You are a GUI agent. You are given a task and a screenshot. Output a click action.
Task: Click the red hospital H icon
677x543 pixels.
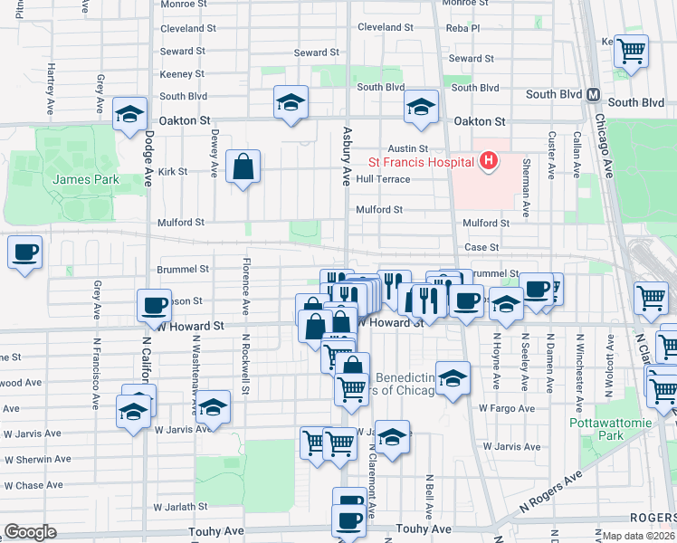coord(489,162)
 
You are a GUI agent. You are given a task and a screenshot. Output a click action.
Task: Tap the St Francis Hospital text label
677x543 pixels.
coord(421,163)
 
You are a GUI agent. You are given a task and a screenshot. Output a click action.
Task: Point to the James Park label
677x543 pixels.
coord(86,179)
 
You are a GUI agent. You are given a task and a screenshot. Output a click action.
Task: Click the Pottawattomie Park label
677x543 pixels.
coord(596,429)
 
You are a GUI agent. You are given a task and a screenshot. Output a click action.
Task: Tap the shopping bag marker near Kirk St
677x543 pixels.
coord(243,167)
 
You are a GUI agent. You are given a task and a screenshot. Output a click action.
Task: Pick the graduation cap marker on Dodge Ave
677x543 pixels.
coord(130,115)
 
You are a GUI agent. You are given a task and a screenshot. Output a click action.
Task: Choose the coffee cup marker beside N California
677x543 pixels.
coord(154,305)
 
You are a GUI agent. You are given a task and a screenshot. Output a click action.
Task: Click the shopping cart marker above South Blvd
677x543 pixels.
coord(632,50)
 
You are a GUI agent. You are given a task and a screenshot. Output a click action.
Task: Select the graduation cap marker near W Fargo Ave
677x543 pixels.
coord(453,376)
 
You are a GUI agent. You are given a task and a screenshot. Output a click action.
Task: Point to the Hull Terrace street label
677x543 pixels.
coord(383,179)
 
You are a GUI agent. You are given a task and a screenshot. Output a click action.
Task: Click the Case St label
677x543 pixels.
coord(482,247)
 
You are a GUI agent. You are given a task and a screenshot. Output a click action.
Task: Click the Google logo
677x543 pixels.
coord(30,532)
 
